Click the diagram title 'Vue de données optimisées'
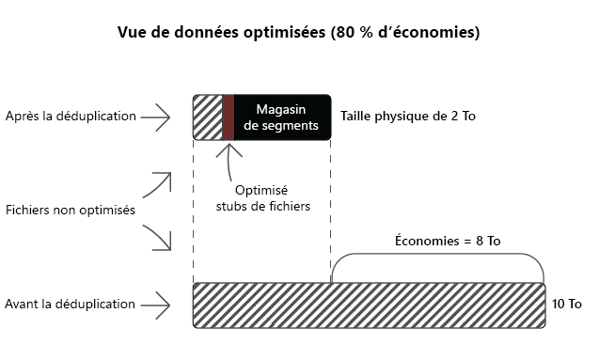pos(244,33)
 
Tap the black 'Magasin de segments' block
pos(282,117)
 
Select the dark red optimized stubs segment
pos(228,117)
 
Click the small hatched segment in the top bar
pos(207,117)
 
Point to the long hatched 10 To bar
pos(369,304)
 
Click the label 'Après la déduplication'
pos(71,117)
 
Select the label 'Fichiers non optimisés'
pos(70,210)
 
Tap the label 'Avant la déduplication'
pos(71,304)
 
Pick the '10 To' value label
pos(567,304)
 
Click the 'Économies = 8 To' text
pos(447,242)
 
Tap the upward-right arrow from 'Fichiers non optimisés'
pos(159,184)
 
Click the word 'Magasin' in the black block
pos(281,109)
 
